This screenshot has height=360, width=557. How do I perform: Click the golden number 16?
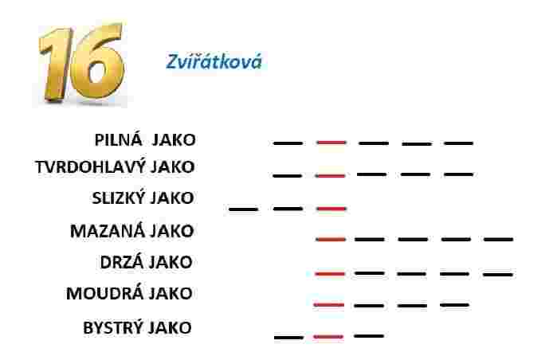tap(82, 62)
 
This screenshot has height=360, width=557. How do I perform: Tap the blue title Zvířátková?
tap(214, 61)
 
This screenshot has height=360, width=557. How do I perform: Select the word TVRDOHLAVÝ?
tap(91, 167)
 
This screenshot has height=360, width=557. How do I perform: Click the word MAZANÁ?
tap(108, 231)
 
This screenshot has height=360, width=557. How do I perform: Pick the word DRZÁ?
tap(121, 262)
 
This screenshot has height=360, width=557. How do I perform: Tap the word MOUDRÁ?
tap(104, 294)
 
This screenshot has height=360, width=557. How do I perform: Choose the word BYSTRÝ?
tap(112, 327)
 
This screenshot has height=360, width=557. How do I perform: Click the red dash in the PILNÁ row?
tap(331, 143)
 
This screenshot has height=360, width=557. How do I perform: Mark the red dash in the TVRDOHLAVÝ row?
tap(330, 176)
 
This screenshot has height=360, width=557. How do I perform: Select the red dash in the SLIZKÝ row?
tap(331, 209)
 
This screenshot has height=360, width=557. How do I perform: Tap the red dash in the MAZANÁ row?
tap(331, 240)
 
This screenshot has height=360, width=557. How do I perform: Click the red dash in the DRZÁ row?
tap(330, 274)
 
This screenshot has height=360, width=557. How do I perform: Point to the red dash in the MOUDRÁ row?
tap(328, 305)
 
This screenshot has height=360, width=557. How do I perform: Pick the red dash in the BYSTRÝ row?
tap(328, 337)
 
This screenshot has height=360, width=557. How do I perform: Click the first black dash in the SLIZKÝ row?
tap(243, 209)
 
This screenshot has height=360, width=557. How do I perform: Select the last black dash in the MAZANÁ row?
tap(498, 240)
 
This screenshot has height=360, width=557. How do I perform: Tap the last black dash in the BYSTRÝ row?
tap(369, 336)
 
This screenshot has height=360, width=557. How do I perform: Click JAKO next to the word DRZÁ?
tap(171, 262)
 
